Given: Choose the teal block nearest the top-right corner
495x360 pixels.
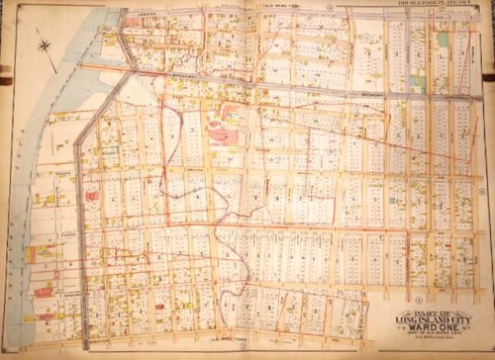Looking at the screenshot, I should tap(443, 40).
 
